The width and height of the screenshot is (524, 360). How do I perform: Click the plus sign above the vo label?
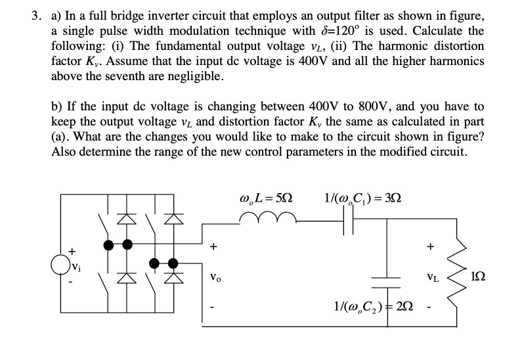tap(213, 248)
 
